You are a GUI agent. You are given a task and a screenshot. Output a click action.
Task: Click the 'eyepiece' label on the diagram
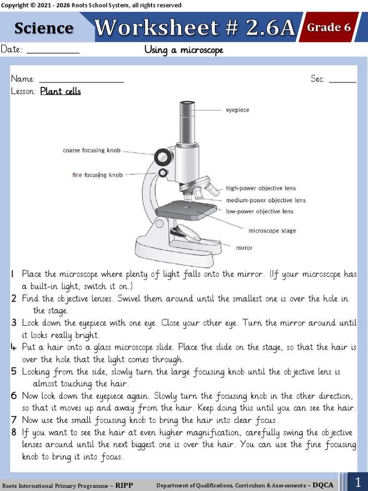coord(237,110)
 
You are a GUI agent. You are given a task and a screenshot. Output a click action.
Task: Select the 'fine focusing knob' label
coord(97,175)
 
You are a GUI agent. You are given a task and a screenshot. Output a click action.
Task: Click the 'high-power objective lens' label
coord(261,188)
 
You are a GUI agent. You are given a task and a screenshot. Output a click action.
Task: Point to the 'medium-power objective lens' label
coord(265,200)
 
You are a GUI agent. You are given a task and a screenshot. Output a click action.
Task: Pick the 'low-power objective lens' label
coord(259,211)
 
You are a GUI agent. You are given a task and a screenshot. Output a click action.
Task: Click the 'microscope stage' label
coord(272,231)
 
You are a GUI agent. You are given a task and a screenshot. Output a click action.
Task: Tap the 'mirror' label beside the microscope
coord(244,248)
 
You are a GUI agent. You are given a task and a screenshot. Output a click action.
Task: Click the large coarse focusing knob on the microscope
coord(163,156)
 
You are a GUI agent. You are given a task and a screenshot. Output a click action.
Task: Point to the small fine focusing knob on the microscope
coord(164,173)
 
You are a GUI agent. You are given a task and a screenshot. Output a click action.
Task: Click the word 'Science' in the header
coord(44,28)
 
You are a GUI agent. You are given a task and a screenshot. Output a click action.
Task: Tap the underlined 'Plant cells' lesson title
coord(60,91)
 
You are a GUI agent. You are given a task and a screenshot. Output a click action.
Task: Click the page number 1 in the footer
coord(358,481)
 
